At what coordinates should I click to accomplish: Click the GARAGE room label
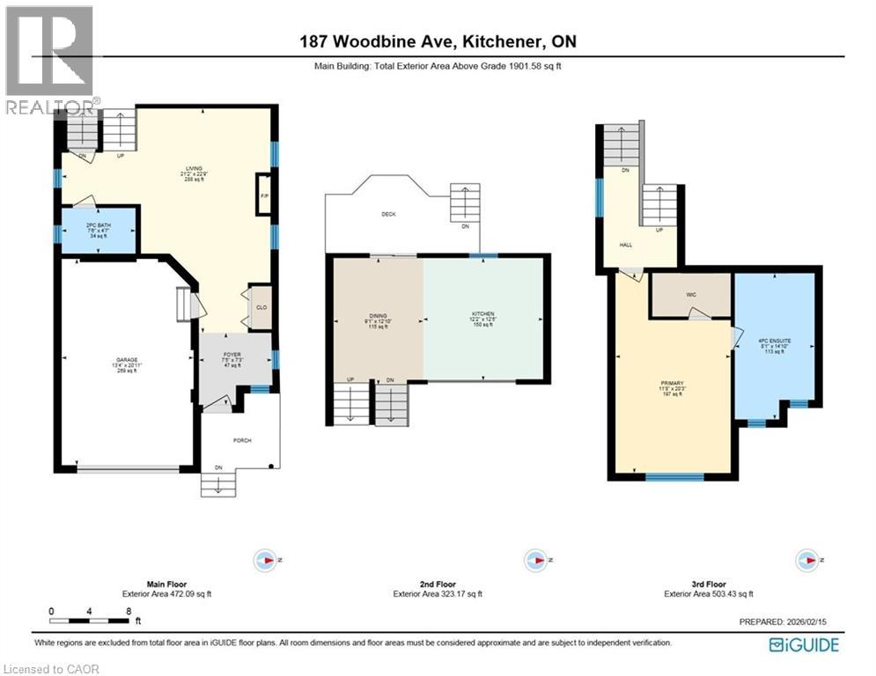(126, 360)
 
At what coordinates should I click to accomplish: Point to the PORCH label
(241, 440)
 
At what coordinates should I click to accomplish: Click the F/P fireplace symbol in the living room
(264, 195)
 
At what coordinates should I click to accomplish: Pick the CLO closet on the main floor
(261, 307)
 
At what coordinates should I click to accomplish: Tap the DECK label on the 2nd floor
(387, 214)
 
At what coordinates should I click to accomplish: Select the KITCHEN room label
(482, 314)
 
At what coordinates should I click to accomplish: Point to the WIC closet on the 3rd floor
(691, 295)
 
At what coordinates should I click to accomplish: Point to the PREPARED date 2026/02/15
(784, 622)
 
